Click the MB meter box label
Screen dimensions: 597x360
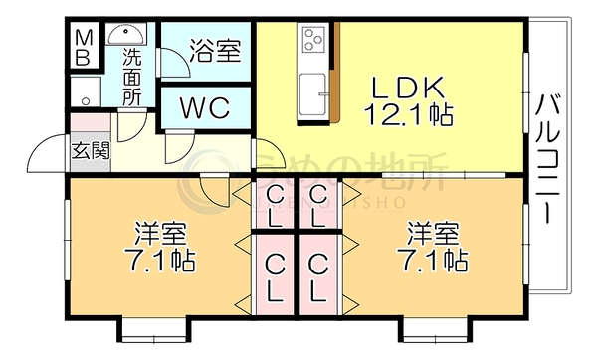click(x=83, y=47)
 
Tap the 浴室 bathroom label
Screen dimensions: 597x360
click(x=216, y=51)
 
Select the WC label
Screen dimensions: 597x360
click(x=205, y=108)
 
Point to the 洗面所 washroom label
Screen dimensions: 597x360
click(x=131, y=78)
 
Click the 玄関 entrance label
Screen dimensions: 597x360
click(x=91, y=151)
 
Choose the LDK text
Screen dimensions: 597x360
click(x=407, y=88)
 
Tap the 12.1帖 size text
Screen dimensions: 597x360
click(x=409, y=114)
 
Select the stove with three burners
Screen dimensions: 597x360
click(x=314, y=38)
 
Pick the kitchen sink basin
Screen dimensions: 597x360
click(x=312, y=94)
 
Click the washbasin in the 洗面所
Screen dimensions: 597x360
click(x=125, y=35)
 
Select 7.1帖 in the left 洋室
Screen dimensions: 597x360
click(x=160, y=261)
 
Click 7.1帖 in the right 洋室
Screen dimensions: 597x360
click(x=433, y=261)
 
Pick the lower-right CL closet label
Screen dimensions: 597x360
click(x=318, y=277)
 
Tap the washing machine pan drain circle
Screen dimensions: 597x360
click(x=86, y=102)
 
